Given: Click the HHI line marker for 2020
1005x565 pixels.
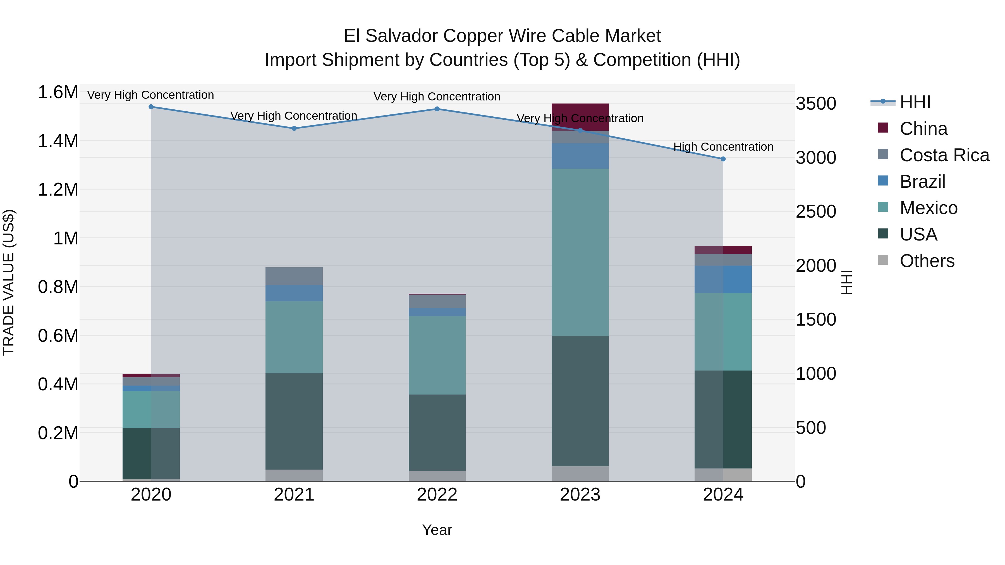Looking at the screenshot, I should pos(151,107).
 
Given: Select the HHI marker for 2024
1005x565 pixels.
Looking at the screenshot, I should pos(723,159).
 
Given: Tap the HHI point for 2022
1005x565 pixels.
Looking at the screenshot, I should pos(437,109).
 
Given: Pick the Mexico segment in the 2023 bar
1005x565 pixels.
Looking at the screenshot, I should pos(580,252).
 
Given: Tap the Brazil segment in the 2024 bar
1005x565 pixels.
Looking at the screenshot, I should pos(723,279).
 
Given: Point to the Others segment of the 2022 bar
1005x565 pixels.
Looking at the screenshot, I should pos(437,476).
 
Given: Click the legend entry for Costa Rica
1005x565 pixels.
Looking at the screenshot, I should pos(944,155).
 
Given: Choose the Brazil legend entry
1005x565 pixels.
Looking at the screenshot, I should pos(922,182).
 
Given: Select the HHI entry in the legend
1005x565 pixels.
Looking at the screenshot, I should pos(915,102).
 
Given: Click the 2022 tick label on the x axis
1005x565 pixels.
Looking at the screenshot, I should pos(437,495).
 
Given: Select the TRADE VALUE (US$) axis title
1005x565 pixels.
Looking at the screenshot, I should pos(9,282).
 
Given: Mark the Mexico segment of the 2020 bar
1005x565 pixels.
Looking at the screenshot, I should pos(151,409).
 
